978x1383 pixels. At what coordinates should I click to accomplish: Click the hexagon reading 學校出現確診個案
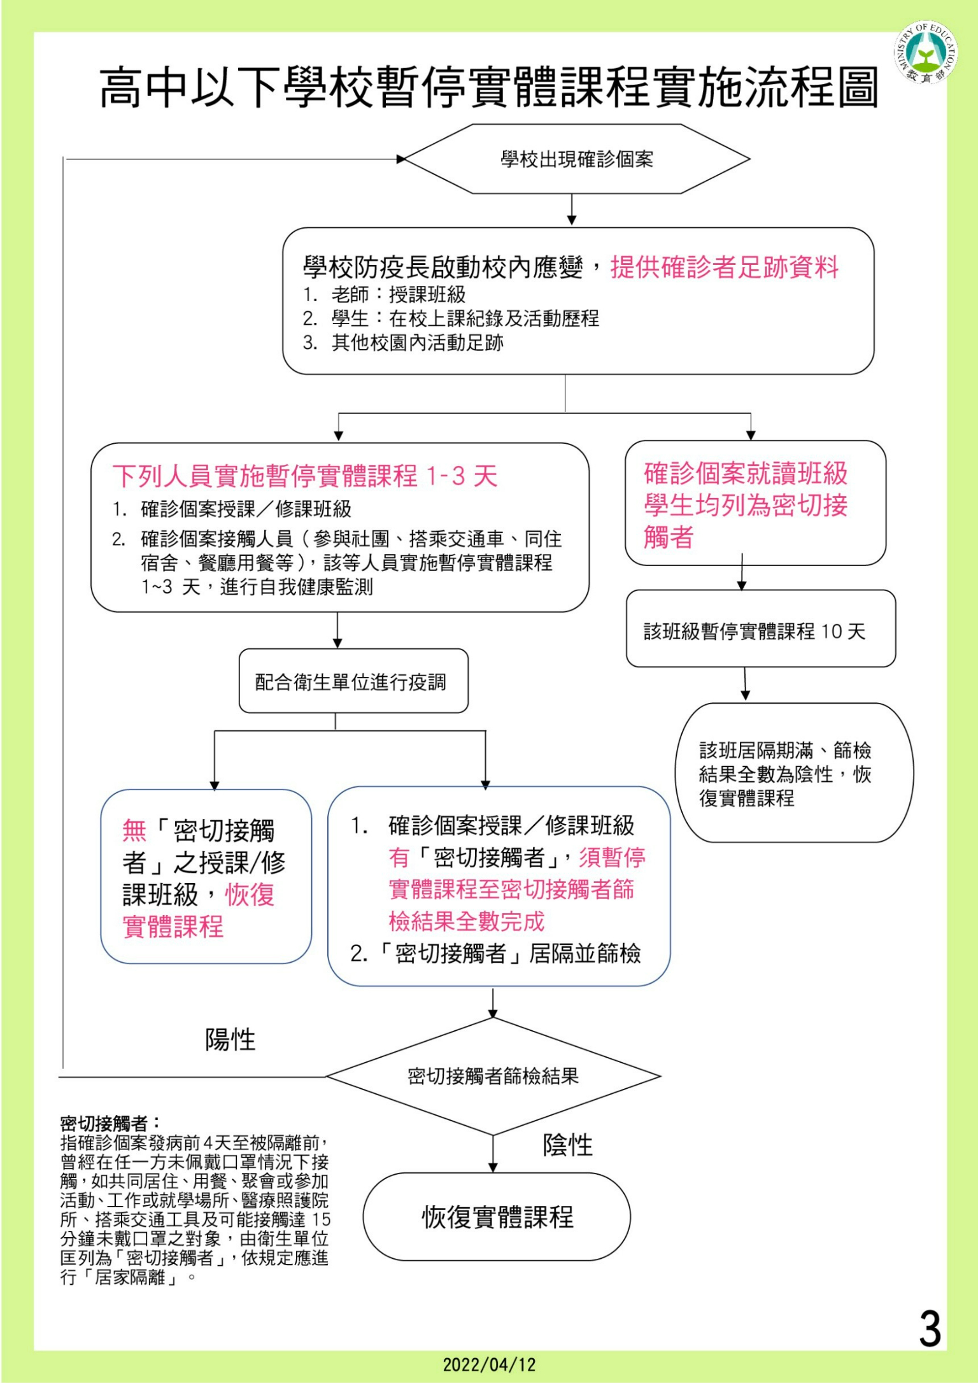click(x=577, y=159)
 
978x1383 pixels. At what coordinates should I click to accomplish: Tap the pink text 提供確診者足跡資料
click(x=725, y=267)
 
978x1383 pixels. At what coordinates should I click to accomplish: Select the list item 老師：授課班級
click(x=397, y=295)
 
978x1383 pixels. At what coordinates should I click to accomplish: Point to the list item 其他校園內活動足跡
click(x=416, y=343)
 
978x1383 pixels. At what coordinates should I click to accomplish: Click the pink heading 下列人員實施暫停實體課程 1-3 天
click(x=304, y=476)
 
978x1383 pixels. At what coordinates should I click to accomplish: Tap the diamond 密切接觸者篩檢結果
click(x=493, y=1076)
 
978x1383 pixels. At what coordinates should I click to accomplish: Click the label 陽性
click(x=230, y=1040)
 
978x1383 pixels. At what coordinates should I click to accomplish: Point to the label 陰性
click(x=567, y=1145)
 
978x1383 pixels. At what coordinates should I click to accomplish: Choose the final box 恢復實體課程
click(x=497, y=1217)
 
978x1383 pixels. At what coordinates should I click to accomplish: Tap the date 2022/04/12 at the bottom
click(x=489, y=1365)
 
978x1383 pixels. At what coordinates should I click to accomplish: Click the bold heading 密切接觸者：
click(x=111, y=1123)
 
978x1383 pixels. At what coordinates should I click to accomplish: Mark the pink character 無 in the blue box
click(x=134, y=831)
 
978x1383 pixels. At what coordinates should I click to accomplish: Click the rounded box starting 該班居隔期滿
click(x=793, y=773)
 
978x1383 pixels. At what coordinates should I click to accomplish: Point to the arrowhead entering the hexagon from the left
click(x=401, y=159)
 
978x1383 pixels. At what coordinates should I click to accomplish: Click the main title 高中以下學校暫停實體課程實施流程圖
click(x=489, y=87)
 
